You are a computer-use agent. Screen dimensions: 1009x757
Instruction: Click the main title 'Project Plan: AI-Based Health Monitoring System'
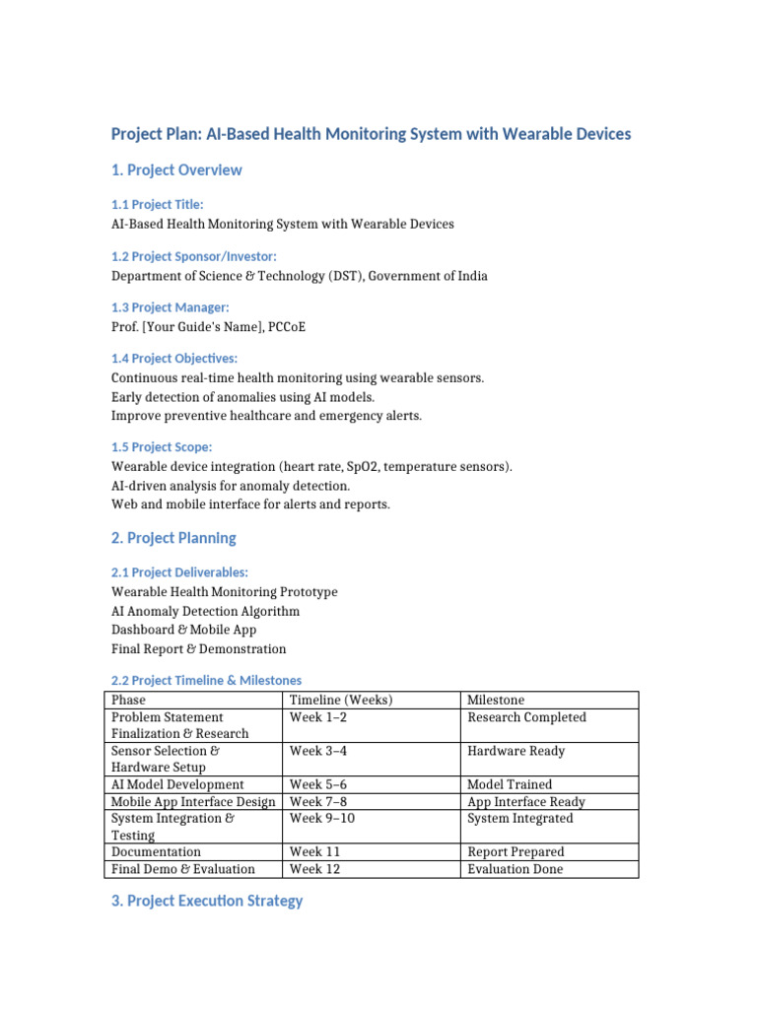[371, 134]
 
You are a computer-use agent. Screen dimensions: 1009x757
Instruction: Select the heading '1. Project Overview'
[176, 170]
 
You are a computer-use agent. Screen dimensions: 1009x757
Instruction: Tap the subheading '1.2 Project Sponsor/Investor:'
[187, 256]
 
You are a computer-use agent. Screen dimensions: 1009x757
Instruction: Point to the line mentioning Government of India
[299, 276]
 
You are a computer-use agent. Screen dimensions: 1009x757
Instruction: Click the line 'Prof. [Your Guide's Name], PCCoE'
[208, 327]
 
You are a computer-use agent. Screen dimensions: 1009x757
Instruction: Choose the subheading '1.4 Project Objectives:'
[174, 359]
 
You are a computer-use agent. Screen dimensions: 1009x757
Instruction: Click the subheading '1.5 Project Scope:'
[162, 447]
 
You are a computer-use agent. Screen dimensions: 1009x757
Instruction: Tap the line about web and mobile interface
[250, 504]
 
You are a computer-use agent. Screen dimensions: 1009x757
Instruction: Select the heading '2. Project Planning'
[173, 538]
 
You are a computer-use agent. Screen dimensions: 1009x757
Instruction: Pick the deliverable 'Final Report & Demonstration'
[198, 648]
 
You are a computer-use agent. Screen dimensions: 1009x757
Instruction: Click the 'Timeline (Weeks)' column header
[340, 700]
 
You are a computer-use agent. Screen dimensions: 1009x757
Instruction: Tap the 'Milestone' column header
[496, 700]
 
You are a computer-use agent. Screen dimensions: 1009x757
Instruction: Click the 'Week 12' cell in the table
[313, 869]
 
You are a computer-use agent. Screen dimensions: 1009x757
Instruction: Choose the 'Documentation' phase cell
[156, 851]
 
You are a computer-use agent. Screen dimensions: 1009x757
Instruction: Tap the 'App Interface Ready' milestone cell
[526, 802]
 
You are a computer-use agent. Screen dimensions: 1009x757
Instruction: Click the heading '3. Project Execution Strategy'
[207, 901]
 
